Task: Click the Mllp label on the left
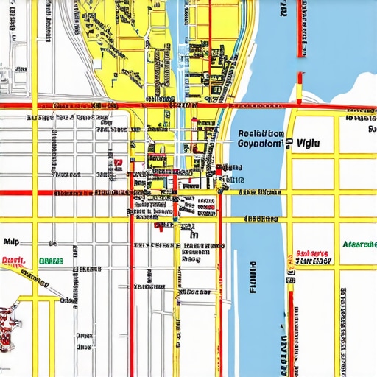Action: [x=11, y=241]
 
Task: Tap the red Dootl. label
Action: [x=13, y=260]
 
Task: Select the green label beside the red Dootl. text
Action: [x=50, y=261]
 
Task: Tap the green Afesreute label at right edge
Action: [x=359, y=244]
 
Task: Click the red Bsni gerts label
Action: [x=313, y=251]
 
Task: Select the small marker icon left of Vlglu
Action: [x=289, y=143]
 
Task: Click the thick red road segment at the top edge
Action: [x=300, y=28]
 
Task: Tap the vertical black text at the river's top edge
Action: [x=282, y=9]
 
